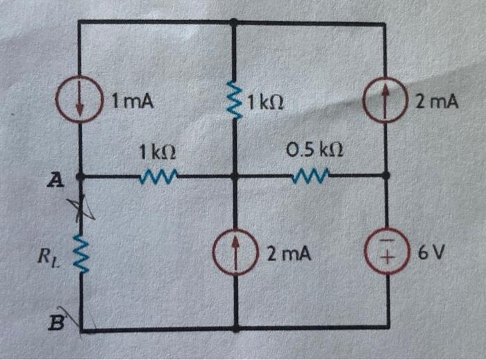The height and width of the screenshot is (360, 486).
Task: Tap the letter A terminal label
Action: [x=54, y=181]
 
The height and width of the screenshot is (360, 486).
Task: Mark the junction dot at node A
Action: [x=81, y=177]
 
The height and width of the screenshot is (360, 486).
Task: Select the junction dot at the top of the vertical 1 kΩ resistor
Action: [x=235, y=23]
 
